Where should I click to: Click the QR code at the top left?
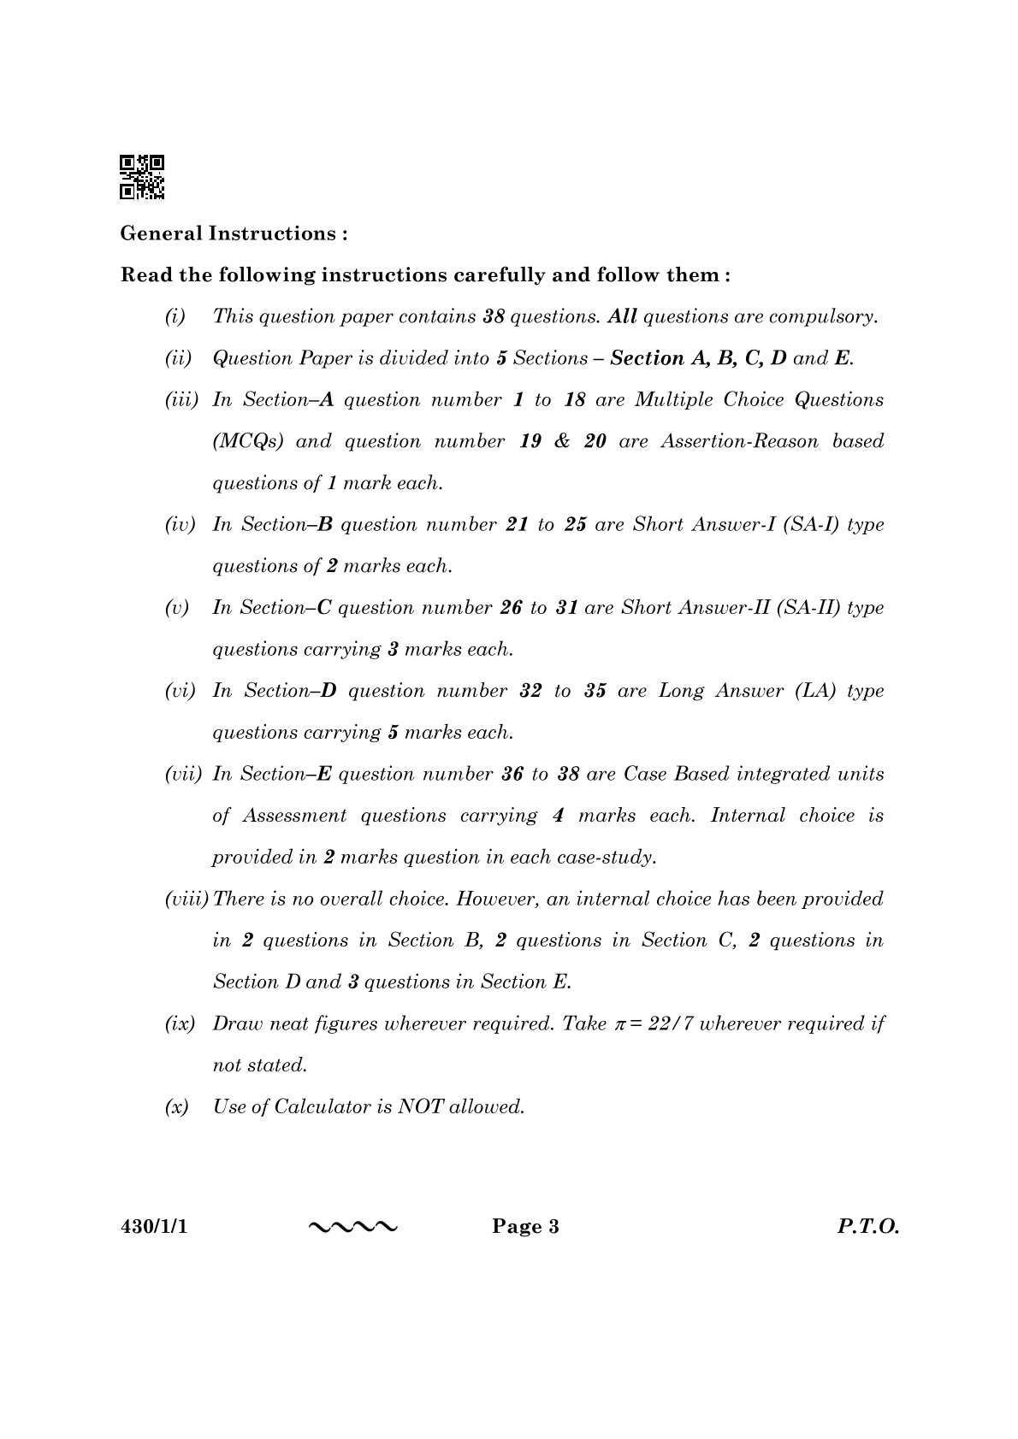142,177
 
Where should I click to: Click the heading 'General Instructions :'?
234,233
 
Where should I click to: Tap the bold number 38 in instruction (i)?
494,316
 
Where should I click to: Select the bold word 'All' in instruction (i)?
622,316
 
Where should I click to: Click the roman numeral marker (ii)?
178,358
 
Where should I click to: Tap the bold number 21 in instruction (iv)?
517,525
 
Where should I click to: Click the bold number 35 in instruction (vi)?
595,691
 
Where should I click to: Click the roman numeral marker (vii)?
183,774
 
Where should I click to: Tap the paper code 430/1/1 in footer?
153,1227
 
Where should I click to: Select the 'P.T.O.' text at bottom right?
867,1227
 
